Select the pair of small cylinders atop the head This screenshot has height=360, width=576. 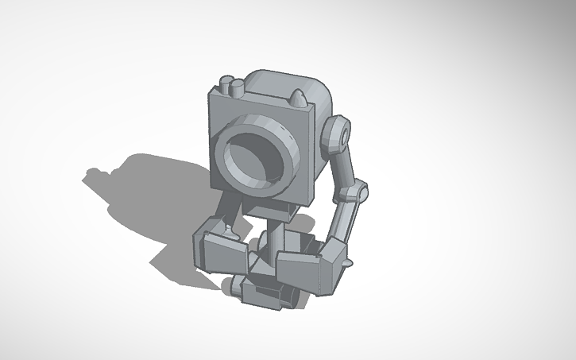(231, 86)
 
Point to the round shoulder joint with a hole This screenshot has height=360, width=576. (337, 134)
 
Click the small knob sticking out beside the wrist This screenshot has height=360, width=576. (348, 260)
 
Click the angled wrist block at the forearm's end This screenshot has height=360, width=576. (332, 258)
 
